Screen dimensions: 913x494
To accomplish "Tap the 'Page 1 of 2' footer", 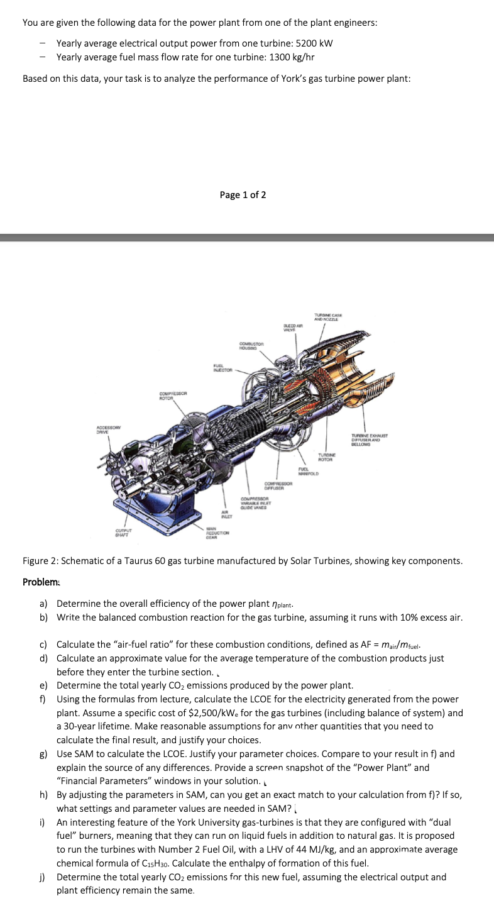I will pyautogui.click(x=243, y=195).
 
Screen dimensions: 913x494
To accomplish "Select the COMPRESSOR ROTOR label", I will pyautogui.click(x=171, y=395).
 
